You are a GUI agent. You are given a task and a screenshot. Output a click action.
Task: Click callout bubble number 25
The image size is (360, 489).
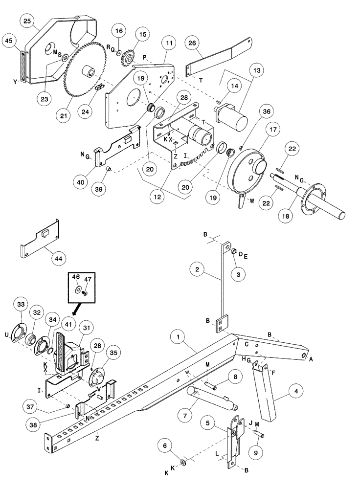(26, 20)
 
